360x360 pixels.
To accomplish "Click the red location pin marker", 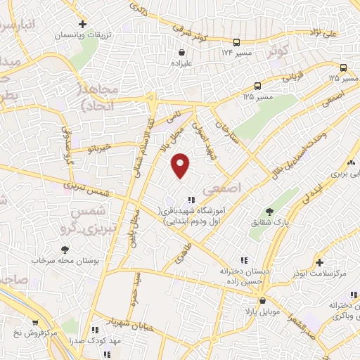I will coord(181,166).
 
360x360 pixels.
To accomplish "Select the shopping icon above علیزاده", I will coord(182,51).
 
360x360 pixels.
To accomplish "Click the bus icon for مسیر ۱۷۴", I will coord(236,43).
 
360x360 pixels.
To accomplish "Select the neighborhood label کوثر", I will coord(277,51).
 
